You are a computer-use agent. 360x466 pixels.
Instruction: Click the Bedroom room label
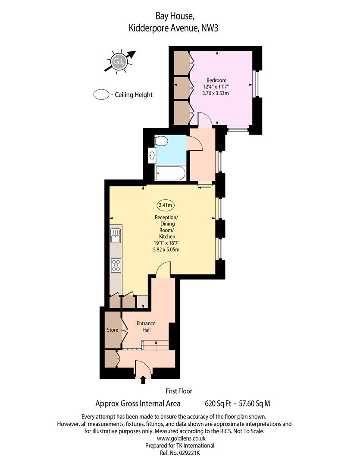tap(216, 80)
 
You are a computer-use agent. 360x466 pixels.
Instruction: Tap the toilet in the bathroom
tap(161, 141)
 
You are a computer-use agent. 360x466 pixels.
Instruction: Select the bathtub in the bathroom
tap(170, 173)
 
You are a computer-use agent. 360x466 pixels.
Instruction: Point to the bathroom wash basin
tap(152, 155)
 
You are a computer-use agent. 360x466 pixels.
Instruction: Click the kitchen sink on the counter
tap(116, 236)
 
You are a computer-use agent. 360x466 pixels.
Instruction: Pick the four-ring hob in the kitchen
tap(116, 265)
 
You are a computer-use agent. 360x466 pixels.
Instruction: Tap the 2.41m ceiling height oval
tap(166, 205)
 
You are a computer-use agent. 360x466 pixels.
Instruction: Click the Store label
tap(113, 330)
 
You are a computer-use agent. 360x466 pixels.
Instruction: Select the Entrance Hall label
tap(146, 327)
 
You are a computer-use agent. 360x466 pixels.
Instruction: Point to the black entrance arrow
tap(143, 380)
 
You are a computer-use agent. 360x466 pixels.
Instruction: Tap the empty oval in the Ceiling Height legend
tap(101, 94)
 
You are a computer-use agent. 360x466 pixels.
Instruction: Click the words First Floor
tap(179, 391)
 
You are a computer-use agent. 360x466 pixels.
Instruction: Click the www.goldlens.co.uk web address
tap(181, 438)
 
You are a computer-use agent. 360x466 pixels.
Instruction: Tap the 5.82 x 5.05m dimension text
tap(166, 250)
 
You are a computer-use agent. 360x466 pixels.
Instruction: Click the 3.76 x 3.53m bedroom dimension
tap(216, 93)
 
